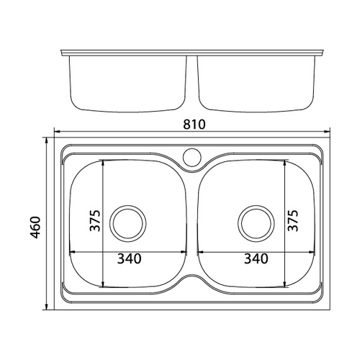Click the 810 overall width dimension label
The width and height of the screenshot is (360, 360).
pyautogui.click(x=194, y=125)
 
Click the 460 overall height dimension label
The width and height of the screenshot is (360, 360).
pyautogui.click(x=36, y=228)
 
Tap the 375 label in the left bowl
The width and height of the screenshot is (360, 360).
pyautogui.click(x=95, y=220)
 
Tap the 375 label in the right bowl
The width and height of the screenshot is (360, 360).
pyautogui.click(x=293, y=220)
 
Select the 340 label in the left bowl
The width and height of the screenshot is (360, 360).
pyautogui.click(x=130, y=258)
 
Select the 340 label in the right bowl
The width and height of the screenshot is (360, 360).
pyautogui.click(x=256, y=258)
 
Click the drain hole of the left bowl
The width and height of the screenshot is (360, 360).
pyautogui.click(x=128, y=224)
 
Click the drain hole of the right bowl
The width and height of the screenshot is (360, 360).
pyautogui.click(x=256, y=224)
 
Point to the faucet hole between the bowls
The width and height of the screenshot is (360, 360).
pyautogui.click(x=192, y=156)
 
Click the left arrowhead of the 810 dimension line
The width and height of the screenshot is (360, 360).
pyautogui.click(x=57, y=132)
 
